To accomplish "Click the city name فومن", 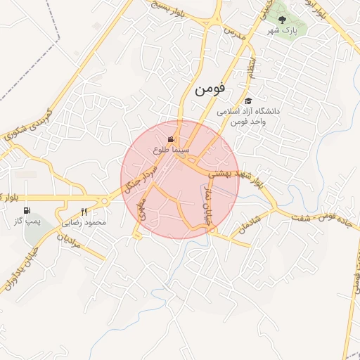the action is pos(210,89).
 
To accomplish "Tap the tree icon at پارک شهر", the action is pos(282,20).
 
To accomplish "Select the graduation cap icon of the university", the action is pos(247,101).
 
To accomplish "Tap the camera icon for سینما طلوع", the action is pos(171,140).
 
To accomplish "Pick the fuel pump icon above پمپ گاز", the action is pos(27,210).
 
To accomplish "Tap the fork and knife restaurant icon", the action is pos(84,212).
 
